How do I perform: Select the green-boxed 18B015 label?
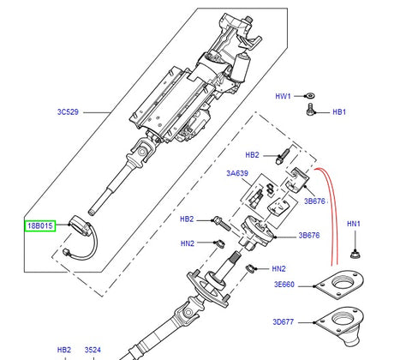click(x=39, y=225)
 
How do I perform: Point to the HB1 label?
click(x=339, y=112)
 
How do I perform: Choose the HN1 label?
click(x=354, y=225)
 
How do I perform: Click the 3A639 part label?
click(x=236, y=173)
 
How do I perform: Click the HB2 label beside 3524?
click(x=64, y=351)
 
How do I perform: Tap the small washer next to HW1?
click(x=309, y=96)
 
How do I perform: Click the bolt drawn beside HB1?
click(x=310, y=111)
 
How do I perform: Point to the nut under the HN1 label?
click(x=354, y=252)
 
